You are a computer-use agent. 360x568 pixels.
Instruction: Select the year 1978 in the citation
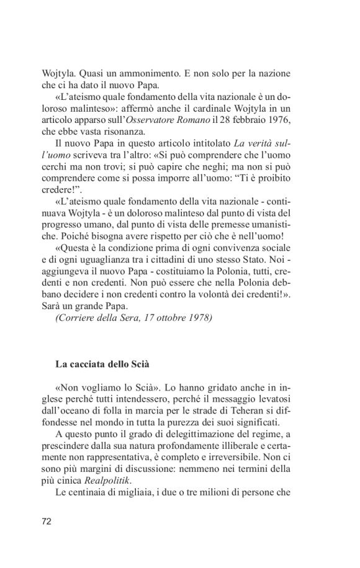(199, 318)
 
